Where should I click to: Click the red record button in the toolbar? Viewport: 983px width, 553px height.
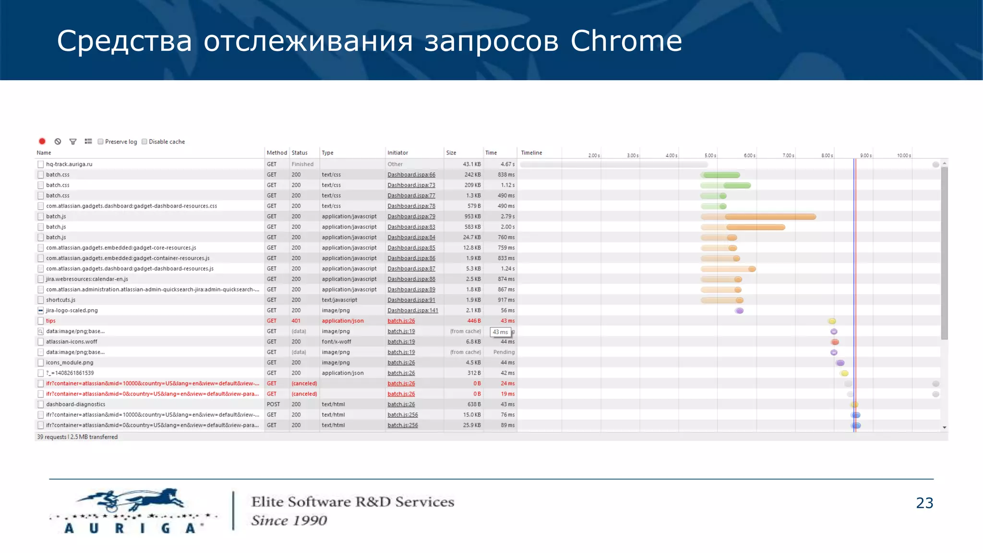click(42, 141)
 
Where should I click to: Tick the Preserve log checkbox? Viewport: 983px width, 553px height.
click(100, 142)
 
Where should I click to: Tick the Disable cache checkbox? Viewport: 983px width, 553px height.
click(144, 142)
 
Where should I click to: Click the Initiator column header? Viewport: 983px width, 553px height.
click(397, 153)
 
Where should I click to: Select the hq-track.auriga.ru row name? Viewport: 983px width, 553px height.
click(69, 164)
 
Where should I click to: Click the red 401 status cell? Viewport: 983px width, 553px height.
click(296, 321)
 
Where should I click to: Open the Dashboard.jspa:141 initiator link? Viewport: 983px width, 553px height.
click(412, 311)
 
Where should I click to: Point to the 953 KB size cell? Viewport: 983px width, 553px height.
click(472, 216)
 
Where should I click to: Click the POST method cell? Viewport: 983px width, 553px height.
click(273, 404)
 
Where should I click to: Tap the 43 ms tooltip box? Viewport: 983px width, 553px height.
click(500, 332)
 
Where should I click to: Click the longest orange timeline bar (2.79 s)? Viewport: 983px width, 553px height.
click(770, 217)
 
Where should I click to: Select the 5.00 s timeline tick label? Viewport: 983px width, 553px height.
click(710, 156)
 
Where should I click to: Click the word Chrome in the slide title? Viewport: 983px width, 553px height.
click(626, 41)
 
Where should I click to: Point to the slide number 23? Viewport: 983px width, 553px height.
click(924, 503)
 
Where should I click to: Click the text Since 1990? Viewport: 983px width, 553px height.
click(289, 520)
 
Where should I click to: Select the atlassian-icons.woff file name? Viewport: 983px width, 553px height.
click(72, 342)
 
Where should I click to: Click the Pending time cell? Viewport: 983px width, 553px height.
click(503, 352)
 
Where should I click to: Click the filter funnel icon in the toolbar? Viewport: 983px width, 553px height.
click(73, 142)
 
